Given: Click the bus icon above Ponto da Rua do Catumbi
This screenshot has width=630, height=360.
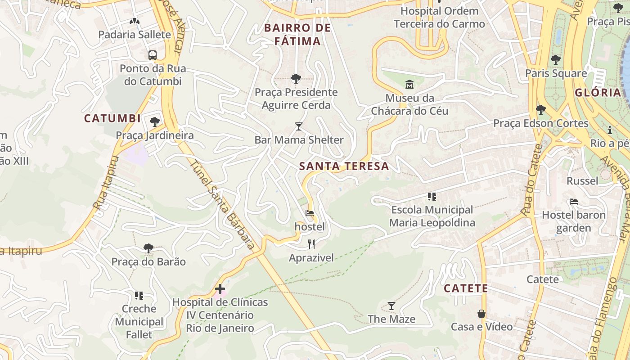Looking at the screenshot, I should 153,55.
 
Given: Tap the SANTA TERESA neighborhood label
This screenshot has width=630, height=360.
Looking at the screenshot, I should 344,166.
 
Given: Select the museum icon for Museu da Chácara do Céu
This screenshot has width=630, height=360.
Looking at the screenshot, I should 409,84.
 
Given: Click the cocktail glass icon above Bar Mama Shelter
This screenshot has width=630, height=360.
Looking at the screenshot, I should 298,126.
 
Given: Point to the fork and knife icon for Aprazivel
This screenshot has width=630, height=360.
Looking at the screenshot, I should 311,244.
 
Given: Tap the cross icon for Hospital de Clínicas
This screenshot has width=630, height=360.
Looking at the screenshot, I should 220,288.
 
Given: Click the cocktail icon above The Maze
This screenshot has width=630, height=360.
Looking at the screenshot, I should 391,306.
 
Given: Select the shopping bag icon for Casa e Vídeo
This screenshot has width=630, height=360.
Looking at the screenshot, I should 481,313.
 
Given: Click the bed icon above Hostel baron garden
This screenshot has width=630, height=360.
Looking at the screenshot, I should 573,201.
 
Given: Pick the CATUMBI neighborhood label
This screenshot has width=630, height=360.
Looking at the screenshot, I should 112,119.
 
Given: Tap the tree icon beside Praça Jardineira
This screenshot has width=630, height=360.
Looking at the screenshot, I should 155,121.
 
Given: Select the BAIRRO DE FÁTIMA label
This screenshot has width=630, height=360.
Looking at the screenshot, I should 297,35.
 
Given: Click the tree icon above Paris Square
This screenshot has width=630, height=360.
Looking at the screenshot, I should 556,59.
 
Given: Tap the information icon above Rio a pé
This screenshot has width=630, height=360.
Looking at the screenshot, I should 610,130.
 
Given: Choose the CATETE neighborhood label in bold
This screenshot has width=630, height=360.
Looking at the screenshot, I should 466,288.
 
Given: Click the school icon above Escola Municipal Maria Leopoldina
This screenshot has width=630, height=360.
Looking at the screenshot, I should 432,196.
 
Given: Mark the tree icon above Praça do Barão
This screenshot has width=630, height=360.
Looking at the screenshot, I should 148,248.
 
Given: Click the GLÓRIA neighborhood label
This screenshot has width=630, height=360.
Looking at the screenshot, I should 598,93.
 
